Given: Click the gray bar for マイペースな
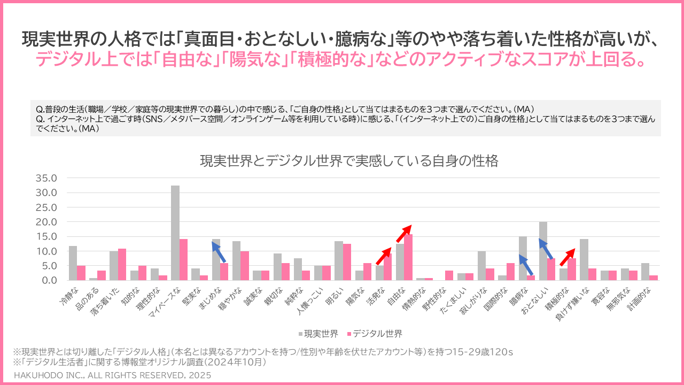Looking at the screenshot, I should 175,233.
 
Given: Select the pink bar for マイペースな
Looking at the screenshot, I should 183,259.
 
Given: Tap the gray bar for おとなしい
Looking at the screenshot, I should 543,251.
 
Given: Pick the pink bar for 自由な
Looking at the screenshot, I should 408,257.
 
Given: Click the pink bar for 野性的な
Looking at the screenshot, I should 449,275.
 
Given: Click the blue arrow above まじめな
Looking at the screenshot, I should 219,252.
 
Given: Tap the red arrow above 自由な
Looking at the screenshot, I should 403,234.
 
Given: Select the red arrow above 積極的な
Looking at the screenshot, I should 567,257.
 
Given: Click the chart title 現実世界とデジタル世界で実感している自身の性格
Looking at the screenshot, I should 349,160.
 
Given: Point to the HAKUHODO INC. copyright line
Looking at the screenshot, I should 112,375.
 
